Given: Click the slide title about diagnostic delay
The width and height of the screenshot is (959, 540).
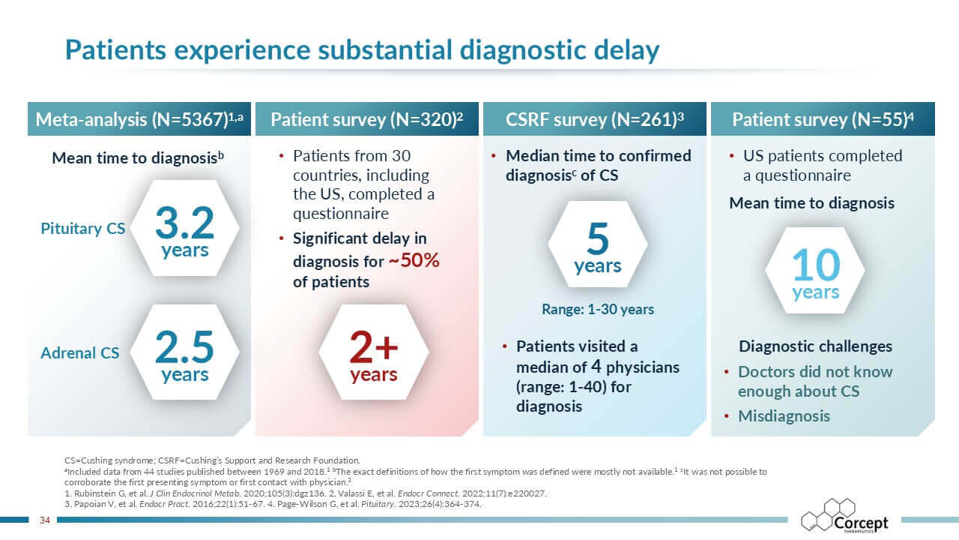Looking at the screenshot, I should tap(362, 50).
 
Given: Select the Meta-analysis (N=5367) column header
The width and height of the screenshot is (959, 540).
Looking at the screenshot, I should tap(140, 119).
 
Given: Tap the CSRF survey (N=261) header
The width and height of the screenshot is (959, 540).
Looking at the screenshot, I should tap(595, 119).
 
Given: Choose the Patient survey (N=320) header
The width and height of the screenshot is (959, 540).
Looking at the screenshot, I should tap(367, 119).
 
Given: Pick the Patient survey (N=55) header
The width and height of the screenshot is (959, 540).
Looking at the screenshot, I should tap(823, 119).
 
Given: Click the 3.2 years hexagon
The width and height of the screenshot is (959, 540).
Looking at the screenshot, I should tap(184, 229).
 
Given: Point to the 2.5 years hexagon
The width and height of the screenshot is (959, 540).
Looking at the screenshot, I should tap(184, 354).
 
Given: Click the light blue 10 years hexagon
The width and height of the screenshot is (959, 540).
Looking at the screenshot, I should tap(815, 271).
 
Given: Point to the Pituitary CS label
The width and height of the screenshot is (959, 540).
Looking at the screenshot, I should tap(82, 229).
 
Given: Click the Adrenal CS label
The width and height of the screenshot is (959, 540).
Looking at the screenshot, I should tap(79, 352).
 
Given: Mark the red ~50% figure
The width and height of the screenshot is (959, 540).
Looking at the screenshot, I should tap(414, 261).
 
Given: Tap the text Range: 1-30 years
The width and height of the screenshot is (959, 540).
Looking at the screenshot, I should tap(597, 309).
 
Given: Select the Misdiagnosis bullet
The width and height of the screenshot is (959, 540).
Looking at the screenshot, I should tap(784, 416).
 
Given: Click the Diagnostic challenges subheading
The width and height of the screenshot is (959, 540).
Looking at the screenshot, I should tap(815, 346).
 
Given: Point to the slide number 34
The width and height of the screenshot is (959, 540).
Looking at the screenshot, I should tap(43, 520).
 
